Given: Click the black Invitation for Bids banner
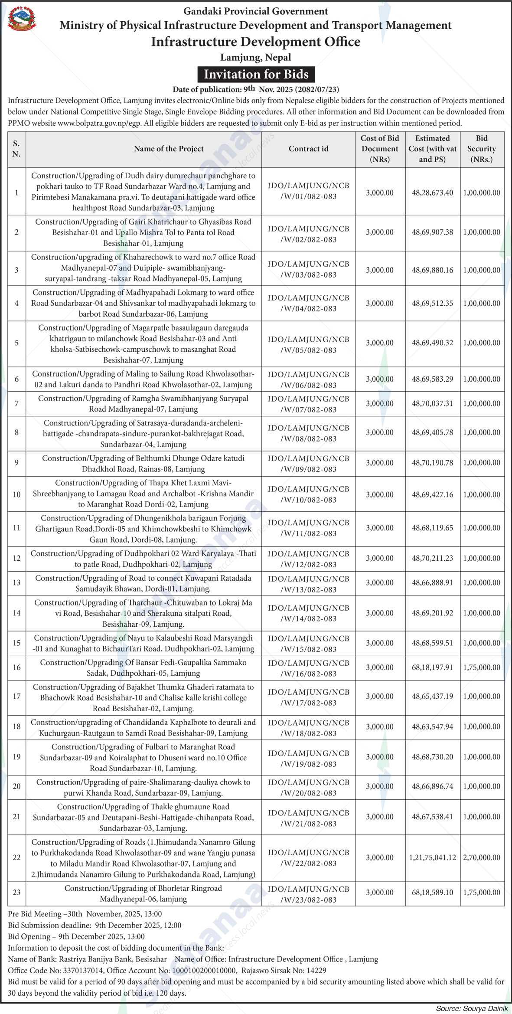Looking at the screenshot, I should coord(256,74).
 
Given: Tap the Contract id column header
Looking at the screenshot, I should coord(308,149).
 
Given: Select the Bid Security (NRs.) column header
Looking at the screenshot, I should coord(482,149).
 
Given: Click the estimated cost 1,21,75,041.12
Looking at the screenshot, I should coord(432,857).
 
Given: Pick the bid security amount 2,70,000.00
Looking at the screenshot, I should coord(482,857).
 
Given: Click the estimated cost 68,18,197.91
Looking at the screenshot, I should coord(432,667).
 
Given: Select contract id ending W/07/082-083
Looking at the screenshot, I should coord(308,404).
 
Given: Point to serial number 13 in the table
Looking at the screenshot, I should coord(16,582).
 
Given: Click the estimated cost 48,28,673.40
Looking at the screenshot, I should coord(432,193).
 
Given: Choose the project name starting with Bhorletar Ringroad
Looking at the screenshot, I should coord(143,893).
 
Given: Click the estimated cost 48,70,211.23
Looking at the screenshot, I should coord(432,558).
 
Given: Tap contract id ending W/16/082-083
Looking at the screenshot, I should coord(308,668).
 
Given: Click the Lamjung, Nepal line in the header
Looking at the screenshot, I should coord(256,57).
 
